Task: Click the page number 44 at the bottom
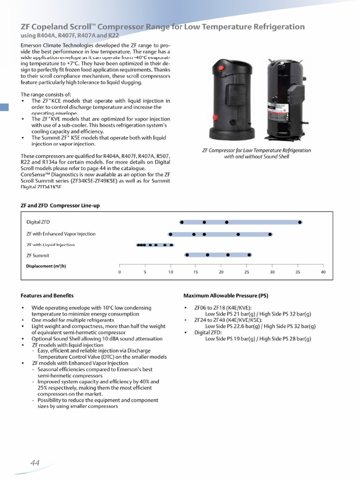pyautogui.click(x=35, y=463)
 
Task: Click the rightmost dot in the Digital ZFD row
pyautogui.click(x=300, y=222)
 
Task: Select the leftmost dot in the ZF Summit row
pyautogui.click(x=187, y=255)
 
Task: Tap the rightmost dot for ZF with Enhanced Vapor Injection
pyautogui.click(x=270, y=234)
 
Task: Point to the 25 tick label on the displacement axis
pyautogui.click(x=247, y=272)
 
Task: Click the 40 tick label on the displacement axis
pyautogui.click(x=323, y=272)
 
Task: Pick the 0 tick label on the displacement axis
pyautogui.click(x=120, y=272)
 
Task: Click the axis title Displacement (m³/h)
pyautogui.click(x=46, y=266)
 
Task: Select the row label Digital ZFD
pyautogui.click(x=38, y=222)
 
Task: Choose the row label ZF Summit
pyautogui.click(x=37, y=255)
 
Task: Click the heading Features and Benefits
pyautogui.click(x=47, y=295)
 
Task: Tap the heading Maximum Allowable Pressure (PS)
pyautogui.click(x=225, y=295)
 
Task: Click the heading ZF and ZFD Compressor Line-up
pyautogui.click(x=60, y=205)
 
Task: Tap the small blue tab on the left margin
pyautogui.click(x=4, y=107)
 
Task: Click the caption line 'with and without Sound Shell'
pyautogui.click(x=256, y=157)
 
